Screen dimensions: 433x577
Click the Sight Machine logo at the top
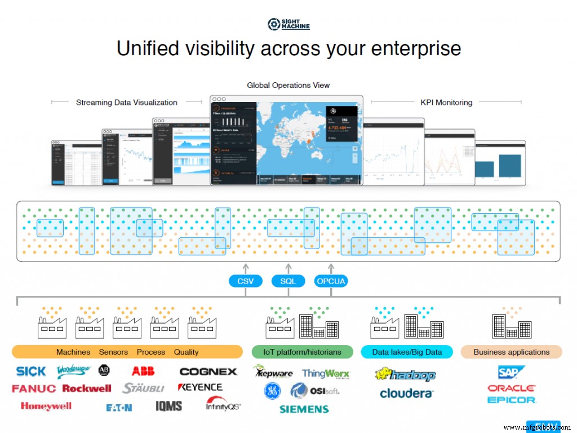point(288,24)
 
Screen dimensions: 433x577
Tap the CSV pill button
point(246,281)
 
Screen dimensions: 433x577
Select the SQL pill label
point(288,281)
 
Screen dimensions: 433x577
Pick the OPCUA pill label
point(331,281)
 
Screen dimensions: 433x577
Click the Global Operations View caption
point(288,85)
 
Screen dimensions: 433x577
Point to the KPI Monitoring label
point(446,103)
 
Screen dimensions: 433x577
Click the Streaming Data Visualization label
point(127,103)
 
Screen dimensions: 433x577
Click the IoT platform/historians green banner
point(302,352)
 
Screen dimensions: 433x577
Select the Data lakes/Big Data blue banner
point(407,352)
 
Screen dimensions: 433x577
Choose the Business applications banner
point(511,352)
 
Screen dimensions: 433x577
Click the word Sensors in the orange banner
point(113,352)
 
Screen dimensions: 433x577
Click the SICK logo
point(31,372)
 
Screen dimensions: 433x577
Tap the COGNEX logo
point(208,372)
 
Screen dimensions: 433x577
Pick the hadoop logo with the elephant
point(406,374)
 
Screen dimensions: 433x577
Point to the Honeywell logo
point(46,406)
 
